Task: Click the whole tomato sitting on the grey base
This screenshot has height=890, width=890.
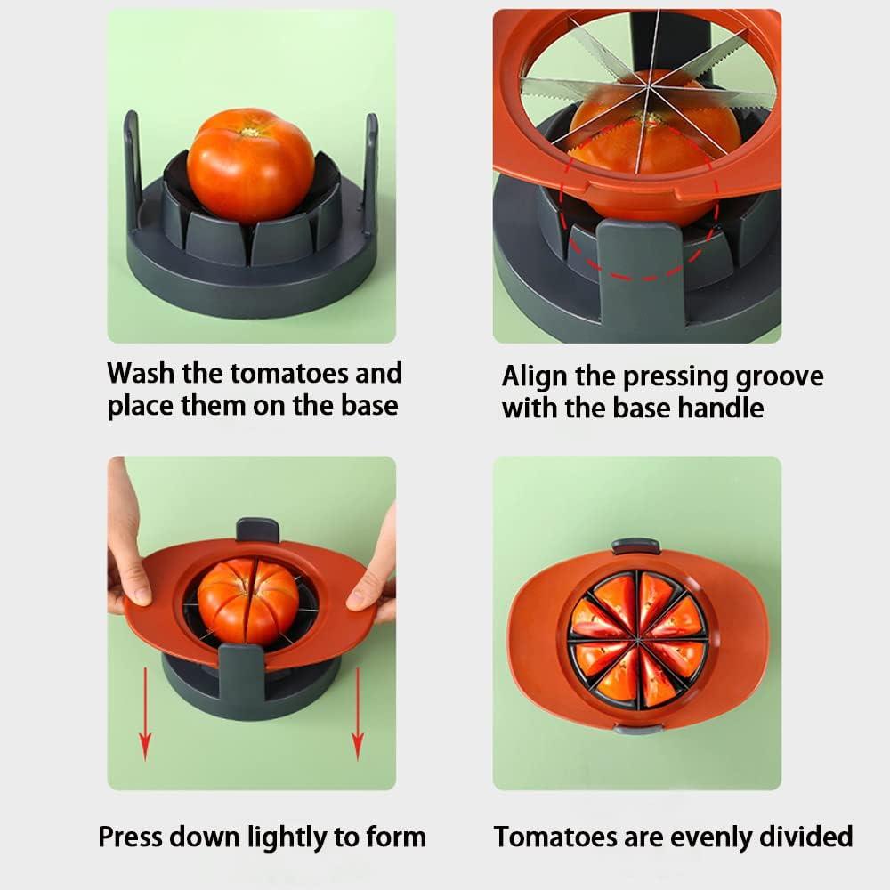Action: pos(250,165)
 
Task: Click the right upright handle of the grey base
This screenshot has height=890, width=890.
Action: pos(369,165)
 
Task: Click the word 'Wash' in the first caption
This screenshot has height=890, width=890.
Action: pos(147,373)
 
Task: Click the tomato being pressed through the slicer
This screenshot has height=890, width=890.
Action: pos(247,601)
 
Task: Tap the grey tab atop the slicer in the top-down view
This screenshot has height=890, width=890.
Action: pos(635,546)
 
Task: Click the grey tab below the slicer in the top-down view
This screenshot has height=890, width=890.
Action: pos(637,729)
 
